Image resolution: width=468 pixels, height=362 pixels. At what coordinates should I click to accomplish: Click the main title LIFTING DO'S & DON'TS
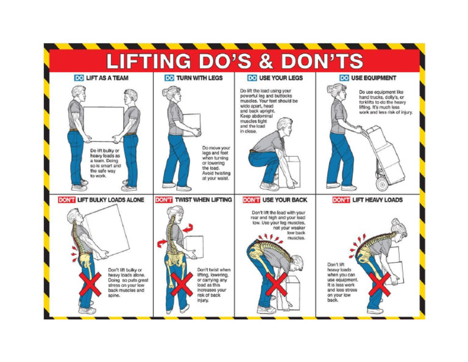(235, 61)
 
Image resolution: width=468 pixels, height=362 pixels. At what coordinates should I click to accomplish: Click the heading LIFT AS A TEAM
(106, 78)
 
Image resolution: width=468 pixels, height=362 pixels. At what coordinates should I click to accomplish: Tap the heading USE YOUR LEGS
(281, 78)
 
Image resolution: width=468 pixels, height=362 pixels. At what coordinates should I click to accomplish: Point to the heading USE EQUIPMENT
(374, 78)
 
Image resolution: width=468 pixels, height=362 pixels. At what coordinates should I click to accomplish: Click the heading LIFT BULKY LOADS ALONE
(107, 199)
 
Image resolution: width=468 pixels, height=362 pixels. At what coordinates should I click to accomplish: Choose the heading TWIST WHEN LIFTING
(202, 199)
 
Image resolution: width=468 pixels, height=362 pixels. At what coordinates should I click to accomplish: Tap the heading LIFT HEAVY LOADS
(377, 199)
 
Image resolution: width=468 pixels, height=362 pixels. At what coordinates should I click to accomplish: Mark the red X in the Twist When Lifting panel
(181, 284)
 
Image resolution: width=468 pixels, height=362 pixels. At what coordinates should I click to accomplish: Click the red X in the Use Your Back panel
(275, 285)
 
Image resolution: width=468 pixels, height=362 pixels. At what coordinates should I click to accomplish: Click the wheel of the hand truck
(382, 182)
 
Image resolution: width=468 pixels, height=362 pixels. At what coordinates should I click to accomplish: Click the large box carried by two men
(102, 124)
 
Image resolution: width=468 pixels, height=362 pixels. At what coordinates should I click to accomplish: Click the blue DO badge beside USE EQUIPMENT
(344, 78)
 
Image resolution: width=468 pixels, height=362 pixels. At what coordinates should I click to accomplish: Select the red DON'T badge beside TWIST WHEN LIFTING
(164, 199)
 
